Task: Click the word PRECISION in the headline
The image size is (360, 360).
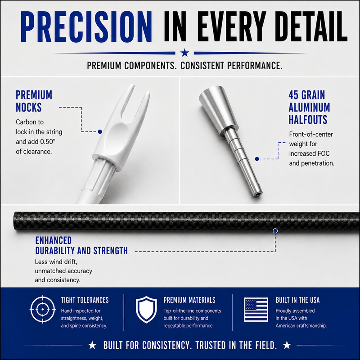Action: tap(86, 27)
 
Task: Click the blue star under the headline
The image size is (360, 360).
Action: tap(184, 53)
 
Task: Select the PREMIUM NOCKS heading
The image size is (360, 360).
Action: tap(34, 101)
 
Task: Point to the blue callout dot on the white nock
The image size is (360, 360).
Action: tap(100, 132)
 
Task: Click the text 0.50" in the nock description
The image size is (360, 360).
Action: tap(48, 142)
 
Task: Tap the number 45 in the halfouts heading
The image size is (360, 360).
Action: tap(293, 95)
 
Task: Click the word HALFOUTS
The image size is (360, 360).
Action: tap(308, 119)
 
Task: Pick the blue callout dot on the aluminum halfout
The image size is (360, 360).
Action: tap(257, 159)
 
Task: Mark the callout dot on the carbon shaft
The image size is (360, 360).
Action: tap(275, 231)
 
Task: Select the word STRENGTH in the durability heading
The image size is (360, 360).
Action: tap(110, 251)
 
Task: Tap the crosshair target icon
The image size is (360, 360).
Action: tap(43, 309)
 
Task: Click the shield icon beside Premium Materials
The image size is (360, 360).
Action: tap(146, 309)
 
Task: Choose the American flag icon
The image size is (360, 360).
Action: tap(256, 309)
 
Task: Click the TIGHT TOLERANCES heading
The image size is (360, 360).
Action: tap(85, 300)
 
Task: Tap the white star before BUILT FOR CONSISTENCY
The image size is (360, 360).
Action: tap(92, 345)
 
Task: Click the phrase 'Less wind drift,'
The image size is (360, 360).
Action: tap(56, 262)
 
